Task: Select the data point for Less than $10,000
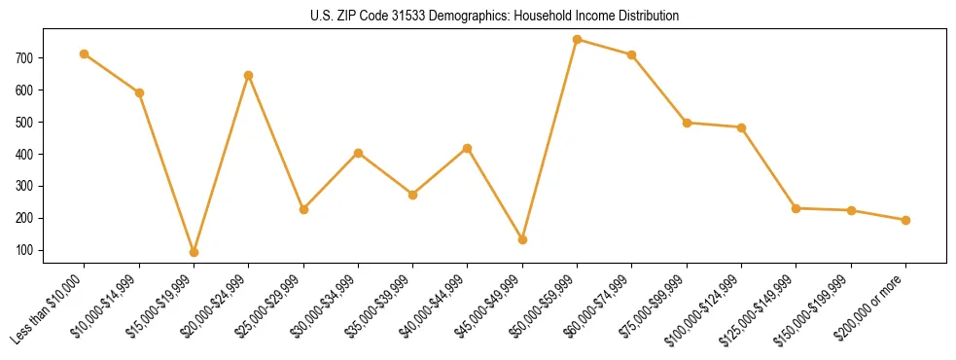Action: tap(85, 54)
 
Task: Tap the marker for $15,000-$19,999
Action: tap(195, 252)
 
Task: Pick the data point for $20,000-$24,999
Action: tap(249, 75)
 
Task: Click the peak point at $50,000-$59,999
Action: tap(578, 39)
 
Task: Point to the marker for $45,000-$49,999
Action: tap(523, 239)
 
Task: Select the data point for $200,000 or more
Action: tap(906, 220)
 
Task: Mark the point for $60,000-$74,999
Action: tap(632, 54)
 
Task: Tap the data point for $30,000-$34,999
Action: tap(359, 153)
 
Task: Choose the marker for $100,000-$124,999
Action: tap(742, 127)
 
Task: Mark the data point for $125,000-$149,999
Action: tap(797, 208)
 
